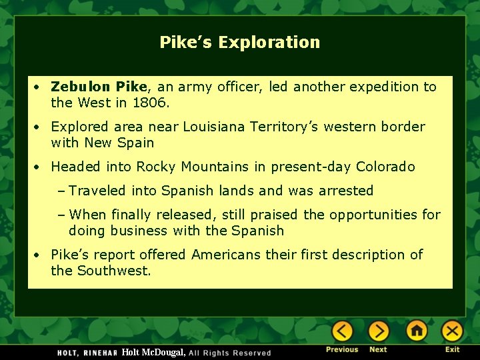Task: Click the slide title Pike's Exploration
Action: [x=239, y=43]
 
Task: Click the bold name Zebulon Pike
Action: [x=99, y=87]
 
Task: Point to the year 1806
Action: [x=151, y=103]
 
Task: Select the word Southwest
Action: [x=114, y=271]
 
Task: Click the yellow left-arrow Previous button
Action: [x=342, y=331]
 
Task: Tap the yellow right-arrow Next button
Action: [x=378, y=331]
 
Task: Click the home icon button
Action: [x=417, y=331]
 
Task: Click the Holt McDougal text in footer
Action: [x=153, y=352]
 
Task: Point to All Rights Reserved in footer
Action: [x=230, y=353]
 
